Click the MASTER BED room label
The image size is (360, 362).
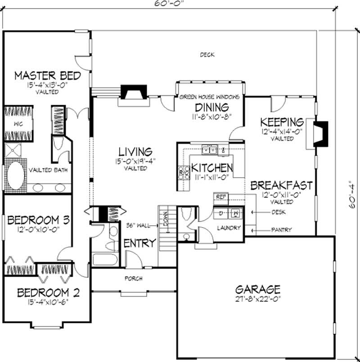tap(47, 75)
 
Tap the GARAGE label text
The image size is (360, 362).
tap(258, 289)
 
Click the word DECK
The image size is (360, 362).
tap(207, 55)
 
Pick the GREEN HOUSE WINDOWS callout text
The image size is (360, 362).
tap(209, 97)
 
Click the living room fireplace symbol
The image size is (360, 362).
tap(133, 94)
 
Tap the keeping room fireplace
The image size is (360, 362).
tap(320, 134)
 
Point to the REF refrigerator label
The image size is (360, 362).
tap(220, 197)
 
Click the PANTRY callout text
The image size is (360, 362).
tap(281, 230)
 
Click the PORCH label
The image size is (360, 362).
tap(133, 279)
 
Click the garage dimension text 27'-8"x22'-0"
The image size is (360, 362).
tap(258, 299)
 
